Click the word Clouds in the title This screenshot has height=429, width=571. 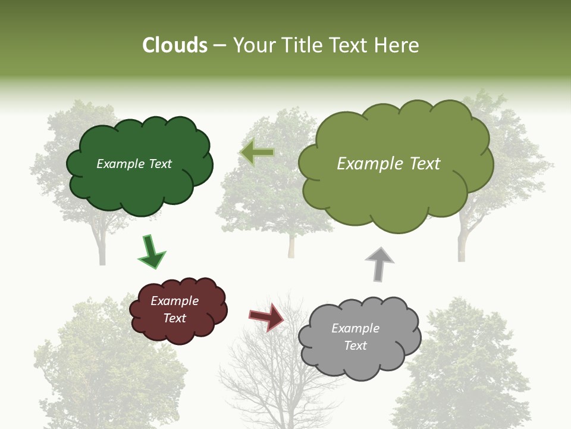[x=175, y=45]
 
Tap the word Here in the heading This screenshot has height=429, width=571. [x=397, y=45]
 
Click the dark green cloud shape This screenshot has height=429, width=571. [x=140, y=185]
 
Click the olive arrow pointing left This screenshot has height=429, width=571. [x=257, y=153]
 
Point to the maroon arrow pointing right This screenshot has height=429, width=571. [x=266, y=316]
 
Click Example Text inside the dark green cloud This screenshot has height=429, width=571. [x=134, y=164]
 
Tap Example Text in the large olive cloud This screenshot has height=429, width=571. [x=388, y=164]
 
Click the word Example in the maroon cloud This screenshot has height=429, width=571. [x=174, y=301]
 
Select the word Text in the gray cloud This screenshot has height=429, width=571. [x=355, y=346]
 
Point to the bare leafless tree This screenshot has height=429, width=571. [x=274, y=381]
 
